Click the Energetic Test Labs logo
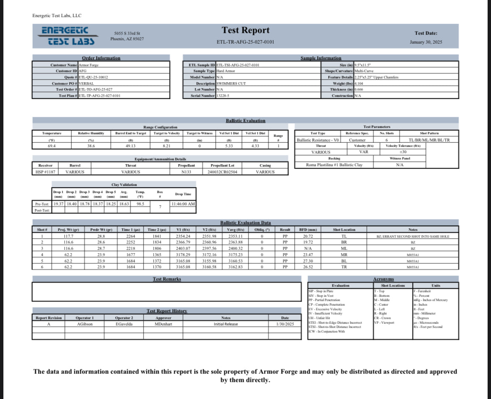coord(68,36)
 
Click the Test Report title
coord(245,30)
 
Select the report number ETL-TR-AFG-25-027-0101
coord(245,42)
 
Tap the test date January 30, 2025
coord(426,42)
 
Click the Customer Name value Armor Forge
coord(89,65)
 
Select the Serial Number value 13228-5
coord(223,96)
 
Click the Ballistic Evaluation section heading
coord(245,121)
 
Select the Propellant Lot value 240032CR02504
coord(222,172)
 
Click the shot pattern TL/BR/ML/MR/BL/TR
coord(429,140)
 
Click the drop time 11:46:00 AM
coord(183,204)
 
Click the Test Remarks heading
coord(167,279)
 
